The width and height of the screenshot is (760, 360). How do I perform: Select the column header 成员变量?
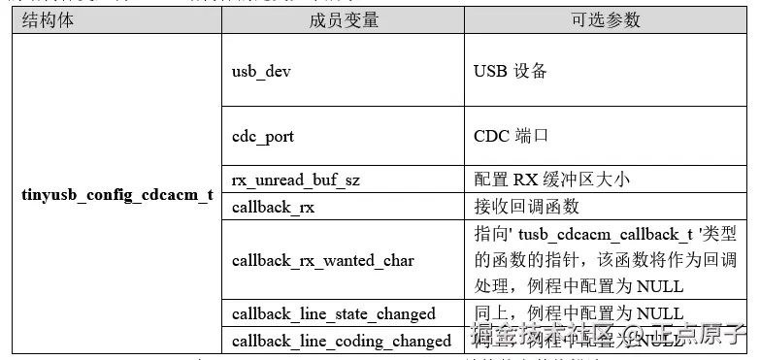(345, 20)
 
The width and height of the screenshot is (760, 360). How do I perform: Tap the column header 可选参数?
(607, 20)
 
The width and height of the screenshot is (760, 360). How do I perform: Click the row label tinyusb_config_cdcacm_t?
(117, 194)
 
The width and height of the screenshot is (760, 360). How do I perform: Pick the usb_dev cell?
(261, 72)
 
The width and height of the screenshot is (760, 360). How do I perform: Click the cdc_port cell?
(263, 136)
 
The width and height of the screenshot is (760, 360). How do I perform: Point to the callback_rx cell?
(273, 207)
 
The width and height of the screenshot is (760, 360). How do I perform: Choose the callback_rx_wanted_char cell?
(322, 260)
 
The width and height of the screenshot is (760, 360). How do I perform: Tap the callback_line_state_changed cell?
(333, 312)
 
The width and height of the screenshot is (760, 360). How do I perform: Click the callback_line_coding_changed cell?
(342, 340)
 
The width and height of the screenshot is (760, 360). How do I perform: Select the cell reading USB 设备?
(511, 71)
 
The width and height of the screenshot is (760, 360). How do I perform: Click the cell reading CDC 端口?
(511, 135)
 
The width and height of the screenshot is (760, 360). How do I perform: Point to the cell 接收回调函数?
(526, 206)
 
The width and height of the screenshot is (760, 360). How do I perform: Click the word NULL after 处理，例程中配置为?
(660, 286)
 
